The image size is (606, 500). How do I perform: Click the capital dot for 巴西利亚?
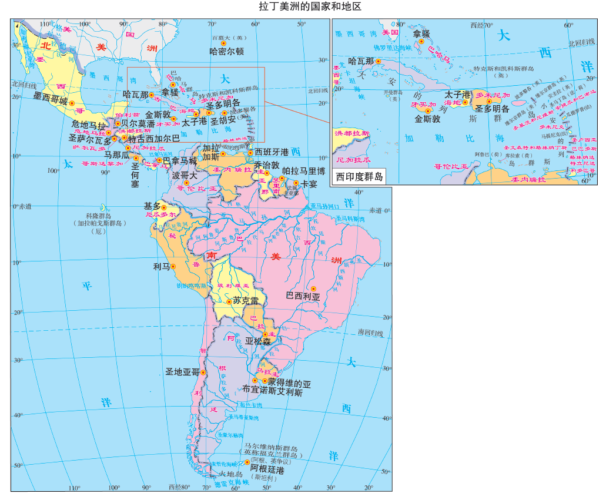pos(313,288)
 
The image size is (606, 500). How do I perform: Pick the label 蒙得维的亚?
pos(285,382)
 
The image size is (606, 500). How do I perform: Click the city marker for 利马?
pos(173,266)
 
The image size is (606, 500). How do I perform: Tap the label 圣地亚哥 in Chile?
pos(182,372)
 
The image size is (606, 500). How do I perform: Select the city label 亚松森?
pos(258,341)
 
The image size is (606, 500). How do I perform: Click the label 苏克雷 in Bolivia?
pos(245,300)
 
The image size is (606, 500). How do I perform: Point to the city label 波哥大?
pos(185,175)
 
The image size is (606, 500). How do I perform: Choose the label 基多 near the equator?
pos(152,206)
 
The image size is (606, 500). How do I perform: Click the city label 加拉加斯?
pos(211,153)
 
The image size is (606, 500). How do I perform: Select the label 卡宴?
pos(309,183)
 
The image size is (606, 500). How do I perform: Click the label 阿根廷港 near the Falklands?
pos(267,470)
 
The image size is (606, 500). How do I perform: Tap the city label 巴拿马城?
pos(180,160)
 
